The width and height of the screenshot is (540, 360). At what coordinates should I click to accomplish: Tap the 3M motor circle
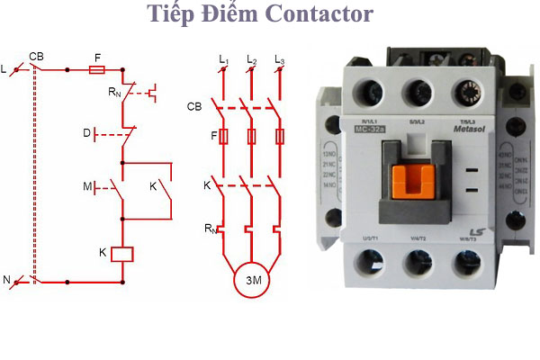(x=253, y=281)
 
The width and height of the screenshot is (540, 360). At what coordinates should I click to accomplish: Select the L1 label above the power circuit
(x=223, y=60)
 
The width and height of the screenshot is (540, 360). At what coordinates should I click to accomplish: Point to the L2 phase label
(x=252, y=60)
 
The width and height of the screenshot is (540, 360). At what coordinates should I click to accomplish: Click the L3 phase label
(x=280, y=60)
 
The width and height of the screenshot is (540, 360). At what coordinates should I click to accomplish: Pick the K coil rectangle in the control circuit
(x=121, y=254)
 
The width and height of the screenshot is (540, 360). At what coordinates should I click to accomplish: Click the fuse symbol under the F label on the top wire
(x=96, y=69)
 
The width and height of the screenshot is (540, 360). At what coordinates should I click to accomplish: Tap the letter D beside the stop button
(x=87, y=133)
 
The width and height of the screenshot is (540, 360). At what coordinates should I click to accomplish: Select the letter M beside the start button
(x=87, y=187)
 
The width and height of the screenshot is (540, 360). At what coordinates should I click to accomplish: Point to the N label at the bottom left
(x=7, y=281)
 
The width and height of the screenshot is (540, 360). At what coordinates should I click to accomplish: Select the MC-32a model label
(x=367, y=129)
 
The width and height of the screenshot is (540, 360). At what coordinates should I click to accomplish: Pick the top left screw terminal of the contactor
(x=370, y=90)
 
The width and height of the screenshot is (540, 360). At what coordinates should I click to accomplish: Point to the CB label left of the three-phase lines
(x=194, y=106)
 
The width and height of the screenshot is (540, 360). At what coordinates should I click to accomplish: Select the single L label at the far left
(x=4, y=68)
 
